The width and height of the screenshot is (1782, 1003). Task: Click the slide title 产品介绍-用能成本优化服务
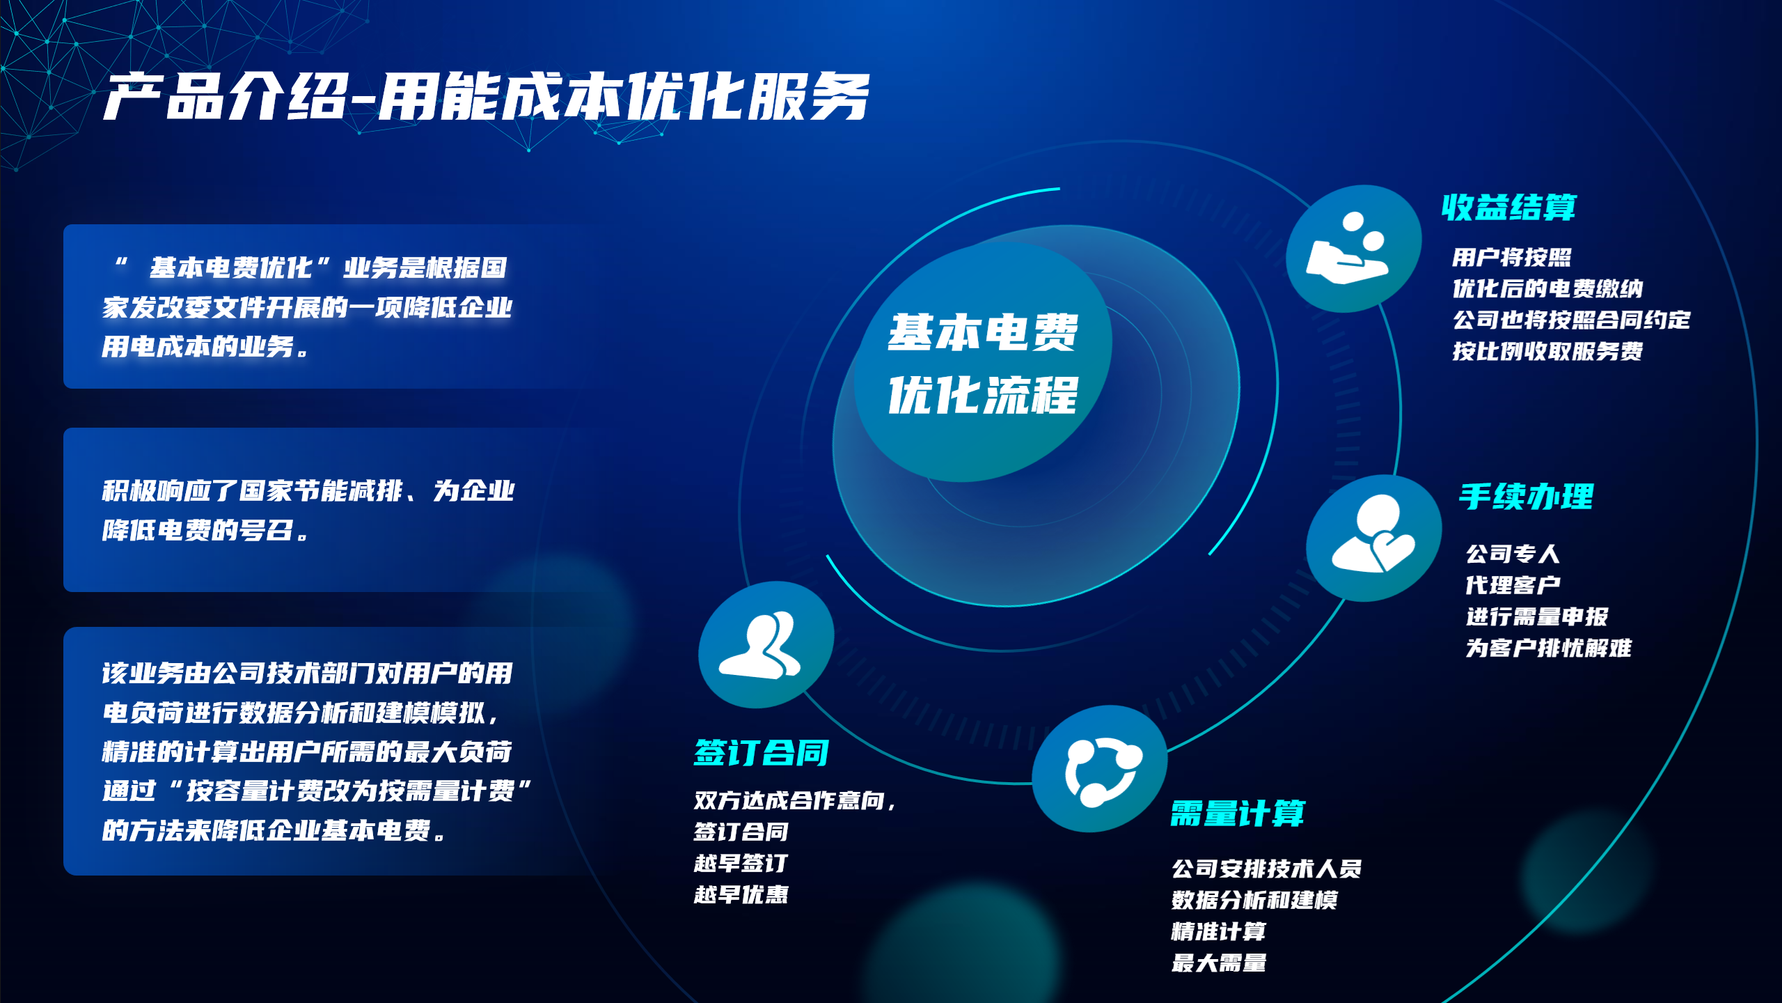(487, 97)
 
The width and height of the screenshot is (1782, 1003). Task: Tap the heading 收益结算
(1508, 207)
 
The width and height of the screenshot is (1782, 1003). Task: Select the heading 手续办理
(1526, 497)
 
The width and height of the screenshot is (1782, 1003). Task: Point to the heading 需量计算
(1238, 813)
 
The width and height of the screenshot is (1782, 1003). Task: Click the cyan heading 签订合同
(762, 752)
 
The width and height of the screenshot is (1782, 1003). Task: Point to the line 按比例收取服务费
(1547, 351)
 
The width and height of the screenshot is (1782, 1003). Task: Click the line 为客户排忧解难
(1549, 648)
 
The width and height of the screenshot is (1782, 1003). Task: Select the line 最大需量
(1219, 963)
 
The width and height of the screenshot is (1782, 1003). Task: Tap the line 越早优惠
(741, 894)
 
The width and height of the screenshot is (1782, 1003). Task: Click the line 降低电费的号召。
(205, 530)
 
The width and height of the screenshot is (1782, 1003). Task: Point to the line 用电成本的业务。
(205, 346)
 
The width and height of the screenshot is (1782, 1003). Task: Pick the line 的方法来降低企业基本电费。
(274, 830)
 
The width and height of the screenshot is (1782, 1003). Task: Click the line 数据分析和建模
(1254, 900)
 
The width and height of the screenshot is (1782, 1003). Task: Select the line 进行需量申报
(1537, 616)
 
